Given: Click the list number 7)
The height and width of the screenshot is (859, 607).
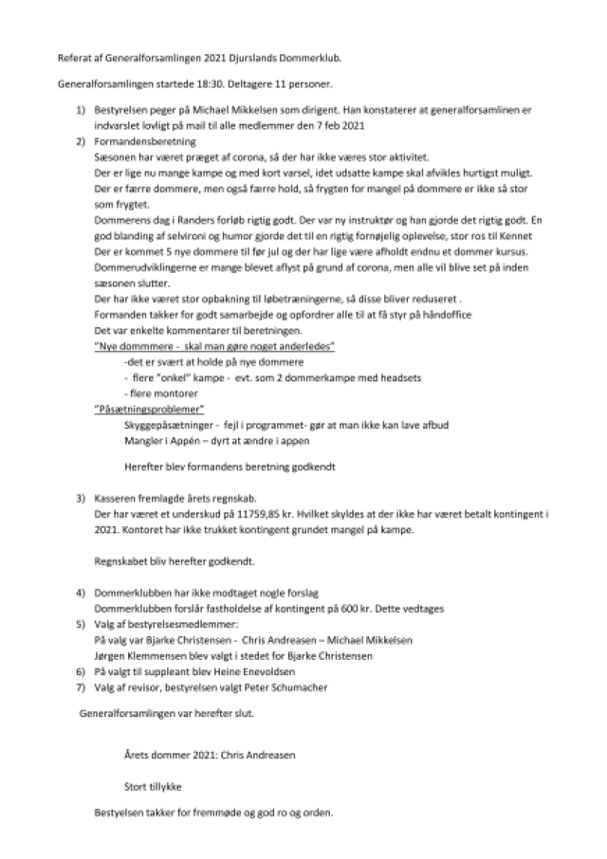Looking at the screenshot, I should point(82,685).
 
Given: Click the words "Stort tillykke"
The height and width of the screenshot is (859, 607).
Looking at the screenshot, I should point(153,786).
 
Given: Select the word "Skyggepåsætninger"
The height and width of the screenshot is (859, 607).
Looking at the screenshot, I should point(164,425).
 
